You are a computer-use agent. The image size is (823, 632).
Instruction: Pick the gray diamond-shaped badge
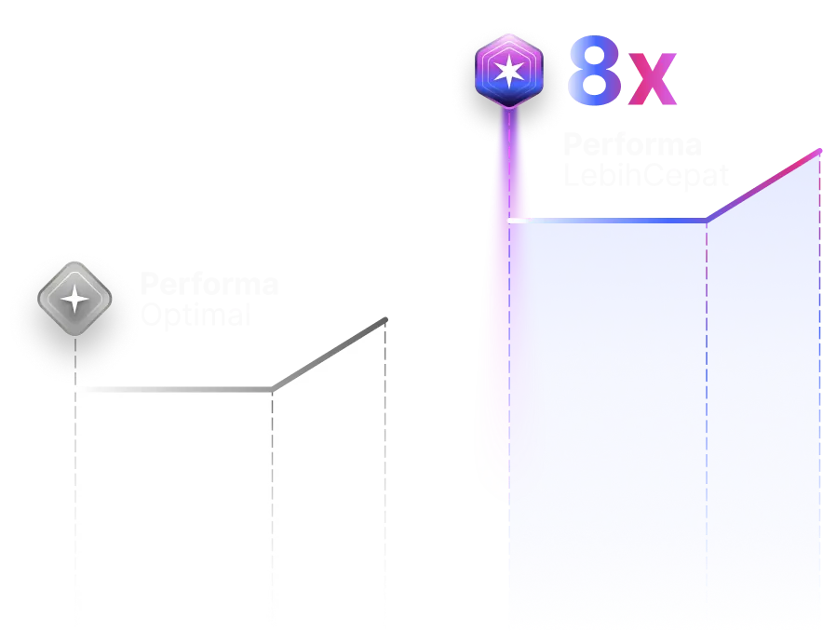coord(74,298)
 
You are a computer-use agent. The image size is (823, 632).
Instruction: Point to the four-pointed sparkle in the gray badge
coord(74,299)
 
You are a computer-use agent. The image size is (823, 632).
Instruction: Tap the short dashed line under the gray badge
coord(74,358)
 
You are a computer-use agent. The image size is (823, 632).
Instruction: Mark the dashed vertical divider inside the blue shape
coord(707,419)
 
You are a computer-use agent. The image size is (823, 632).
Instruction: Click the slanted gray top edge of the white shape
coord(331,354)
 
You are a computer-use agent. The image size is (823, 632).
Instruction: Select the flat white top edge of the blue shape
coord(605,221)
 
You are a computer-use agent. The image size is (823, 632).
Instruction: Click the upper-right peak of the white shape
coord(385,320)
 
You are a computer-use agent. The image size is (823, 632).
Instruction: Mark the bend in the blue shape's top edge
coord(707,222)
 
